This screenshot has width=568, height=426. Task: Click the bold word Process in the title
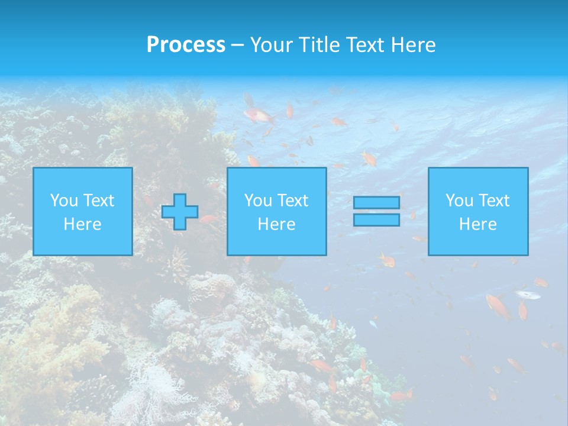click(186, 45)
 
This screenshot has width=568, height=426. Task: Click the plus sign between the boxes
click(180, 212)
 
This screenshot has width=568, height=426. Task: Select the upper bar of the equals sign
click(376, 202)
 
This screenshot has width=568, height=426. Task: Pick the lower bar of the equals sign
click(376, 220)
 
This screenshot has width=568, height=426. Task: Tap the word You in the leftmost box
click(64, 201)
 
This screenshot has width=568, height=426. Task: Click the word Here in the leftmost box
click(82, 224)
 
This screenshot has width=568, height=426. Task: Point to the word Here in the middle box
click(276, 224)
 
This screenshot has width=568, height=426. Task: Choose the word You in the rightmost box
click(459, 201)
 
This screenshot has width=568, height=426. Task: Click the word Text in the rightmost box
click(493, 201)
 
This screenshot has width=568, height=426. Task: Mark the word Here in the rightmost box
click(477, 224)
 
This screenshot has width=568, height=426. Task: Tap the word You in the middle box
click(258, 201)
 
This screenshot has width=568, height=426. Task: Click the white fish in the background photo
click(527, 294)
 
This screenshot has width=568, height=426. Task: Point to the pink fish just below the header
click(259, 115)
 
